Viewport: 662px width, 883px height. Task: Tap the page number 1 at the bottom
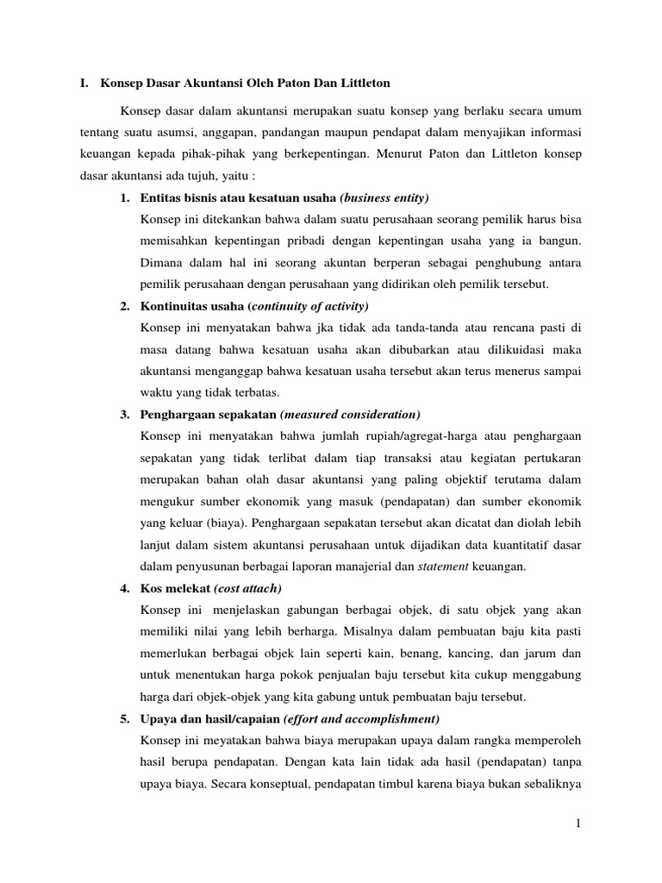tap(579, 826)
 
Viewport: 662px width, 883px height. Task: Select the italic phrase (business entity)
tap(385, 198)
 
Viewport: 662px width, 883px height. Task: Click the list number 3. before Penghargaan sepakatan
tap(125, 414)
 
